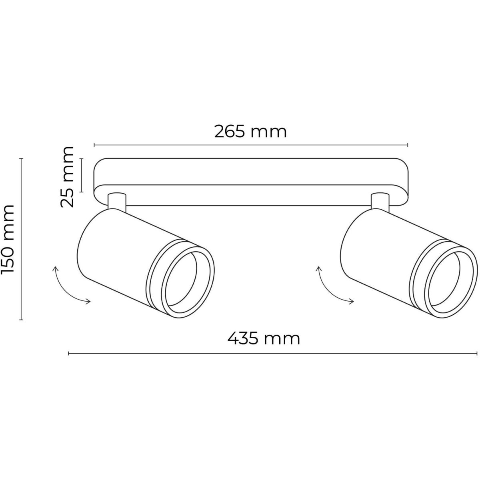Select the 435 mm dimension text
point(264,338)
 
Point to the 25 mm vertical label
point(68,177)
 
